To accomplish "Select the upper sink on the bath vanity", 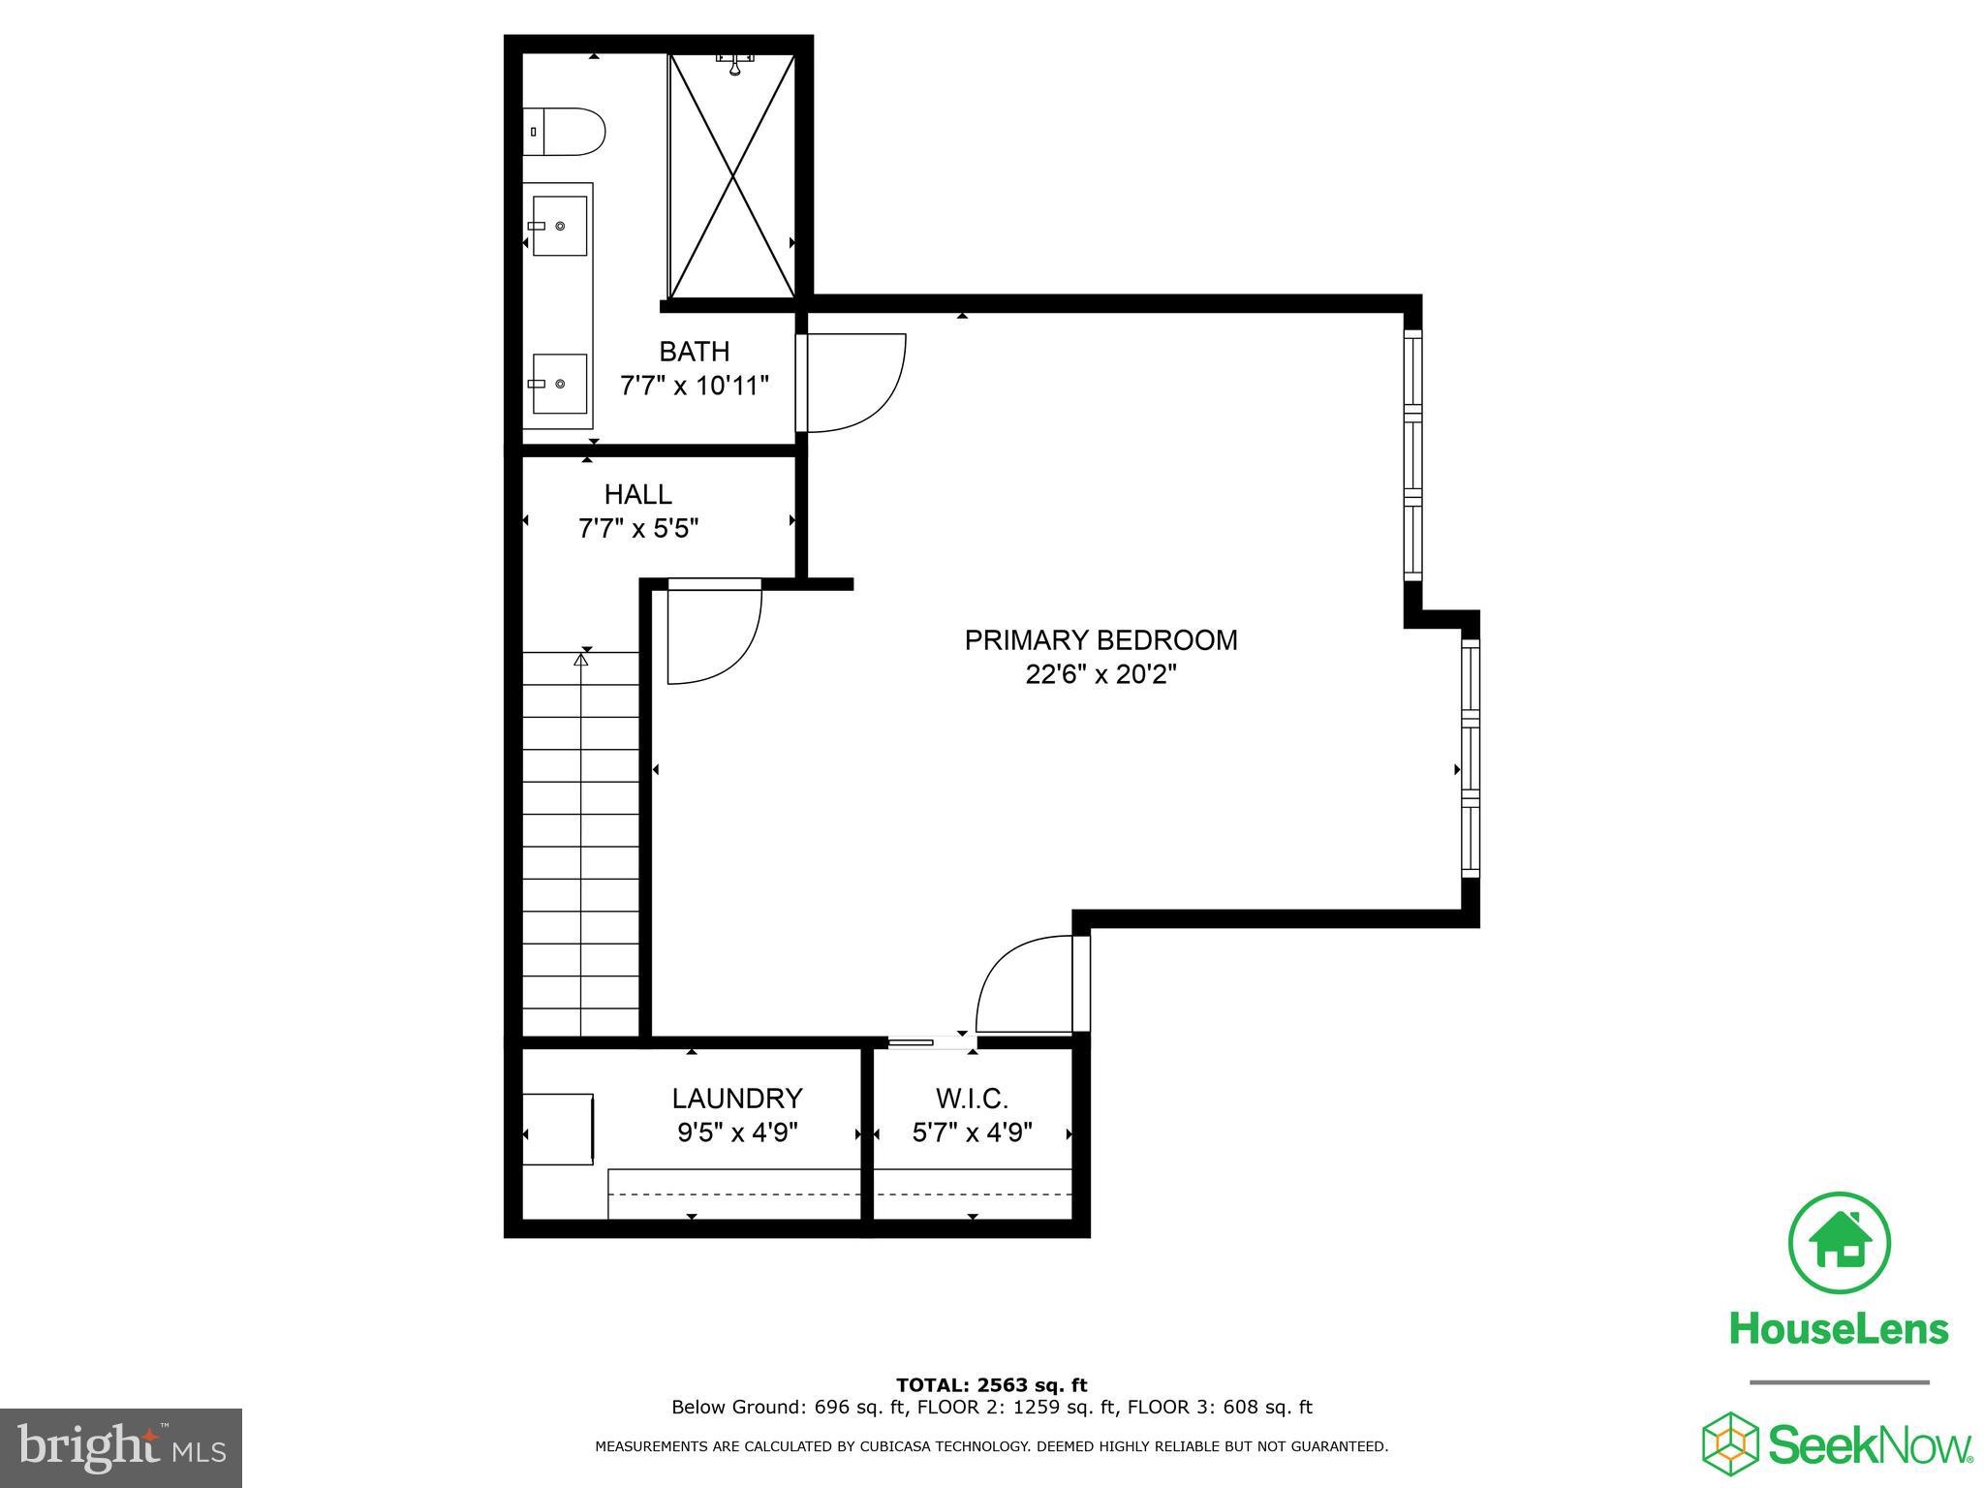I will (560, 226).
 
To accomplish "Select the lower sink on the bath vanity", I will (560, 384).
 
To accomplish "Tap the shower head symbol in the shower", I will (735, 63).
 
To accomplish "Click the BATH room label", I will (694, 351).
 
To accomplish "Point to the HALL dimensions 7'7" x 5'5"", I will (637, 529).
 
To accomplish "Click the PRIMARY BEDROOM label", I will (1100, 640).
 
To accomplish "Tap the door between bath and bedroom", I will (852, 382).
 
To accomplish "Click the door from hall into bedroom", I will (715, 632).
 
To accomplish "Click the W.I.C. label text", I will (972, 1099).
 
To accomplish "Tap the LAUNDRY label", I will (737, 1098).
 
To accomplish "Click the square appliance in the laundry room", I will (558, 1129).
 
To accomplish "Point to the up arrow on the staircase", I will (580, 660).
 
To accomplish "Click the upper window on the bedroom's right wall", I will (1412, 455).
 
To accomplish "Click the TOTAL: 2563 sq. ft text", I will (991, 1385).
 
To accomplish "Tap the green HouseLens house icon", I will (1838, 1243).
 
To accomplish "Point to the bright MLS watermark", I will (121, 1448).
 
